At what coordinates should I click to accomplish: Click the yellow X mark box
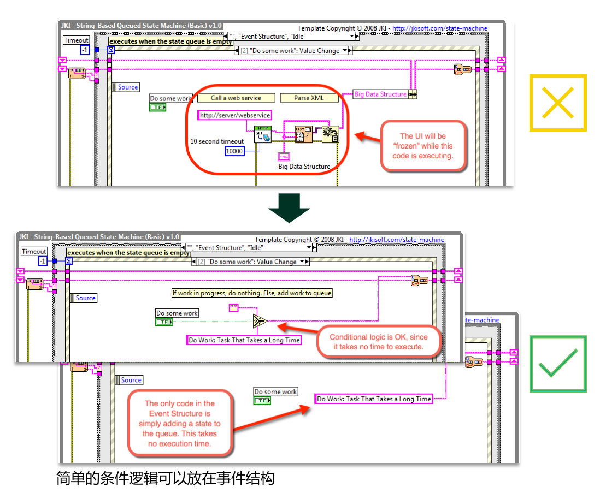click(x=557, y=103)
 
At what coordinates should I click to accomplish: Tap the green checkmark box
click(x=557, y=364)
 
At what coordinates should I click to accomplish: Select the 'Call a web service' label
click(x=236, y=98)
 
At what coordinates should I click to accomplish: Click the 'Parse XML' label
click(x=309, y=98)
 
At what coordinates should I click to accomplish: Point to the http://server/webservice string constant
click(x=235, y=116)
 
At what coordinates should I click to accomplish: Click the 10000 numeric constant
click(x=234, y=151)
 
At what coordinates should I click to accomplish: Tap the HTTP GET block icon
click(x=263, y=134)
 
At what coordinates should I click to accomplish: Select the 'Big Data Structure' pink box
click(x=380, y=94)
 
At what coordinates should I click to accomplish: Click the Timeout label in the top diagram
click(x=76, y=40)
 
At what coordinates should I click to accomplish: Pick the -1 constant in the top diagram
click(x=85, y=50)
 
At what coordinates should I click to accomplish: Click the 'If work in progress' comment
click(x=252, y=293)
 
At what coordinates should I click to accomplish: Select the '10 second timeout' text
click(x=217, y=141)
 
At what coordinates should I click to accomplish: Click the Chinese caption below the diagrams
click(x=166, y=479)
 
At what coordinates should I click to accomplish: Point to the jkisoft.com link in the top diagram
click(x=439, y=28)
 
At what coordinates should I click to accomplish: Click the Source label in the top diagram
click(x=128, y=87)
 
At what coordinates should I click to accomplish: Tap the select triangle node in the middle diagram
click(x=260, y=320)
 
